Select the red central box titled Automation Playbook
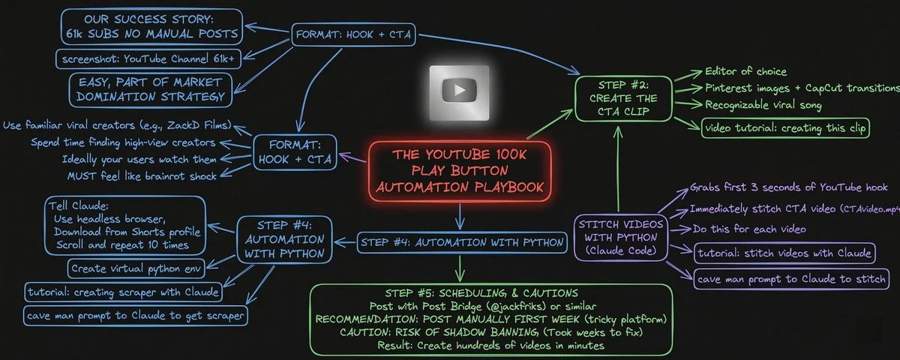[x=460, y=170]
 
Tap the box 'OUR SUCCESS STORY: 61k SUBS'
[x=152, y=25]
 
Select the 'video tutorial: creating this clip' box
[x=785, y=128]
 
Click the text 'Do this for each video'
[x=738, y=229]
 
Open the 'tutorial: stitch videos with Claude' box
[x=784, y=253]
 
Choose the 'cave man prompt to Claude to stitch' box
[x=791, y=279]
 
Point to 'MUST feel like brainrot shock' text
[x=142, y=175]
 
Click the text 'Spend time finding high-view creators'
[x=124, y=142]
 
